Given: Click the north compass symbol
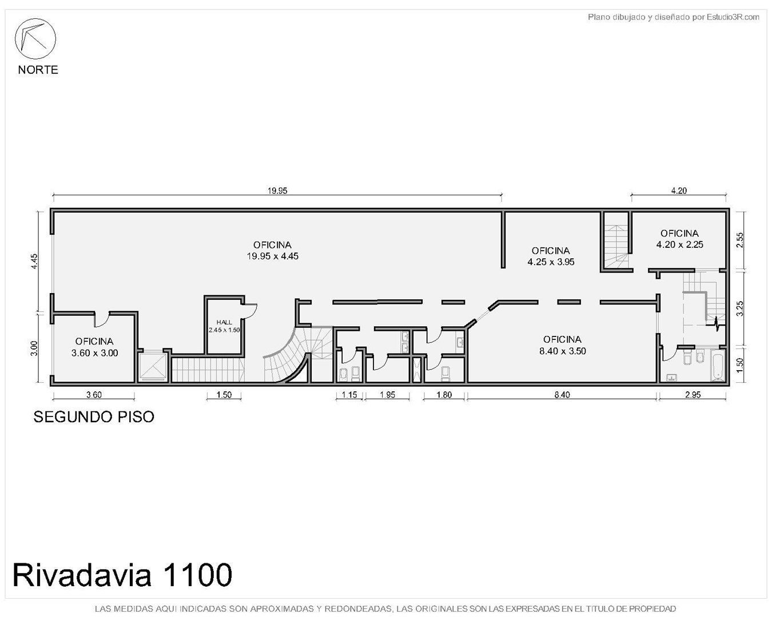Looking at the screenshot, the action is point(35,39).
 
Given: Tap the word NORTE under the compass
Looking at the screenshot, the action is point(38,70).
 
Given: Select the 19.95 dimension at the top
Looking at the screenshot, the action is point(277,191).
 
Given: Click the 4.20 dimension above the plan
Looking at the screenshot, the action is point(679,191).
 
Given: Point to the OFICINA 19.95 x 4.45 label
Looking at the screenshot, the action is point(272,250).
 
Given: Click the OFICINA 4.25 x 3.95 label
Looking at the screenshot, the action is point(551,256).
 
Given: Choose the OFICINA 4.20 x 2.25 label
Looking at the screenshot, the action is point(679,239).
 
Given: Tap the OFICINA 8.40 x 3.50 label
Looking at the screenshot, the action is point(562,345).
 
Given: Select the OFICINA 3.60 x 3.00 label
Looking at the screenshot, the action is point(94,347).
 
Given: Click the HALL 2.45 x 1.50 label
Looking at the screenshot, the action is point(224,326).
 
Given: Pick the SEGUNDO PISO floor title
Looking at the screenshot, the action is point(94,416).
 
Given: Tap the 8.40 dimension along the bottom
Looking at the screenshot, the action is point(562,395).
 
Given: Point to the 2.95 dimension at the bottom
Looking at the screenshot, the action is point(693,395).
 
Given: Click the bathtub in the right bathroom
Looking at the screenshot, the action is point(718,365).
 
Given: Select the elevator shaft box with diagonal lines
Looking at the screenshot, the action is point(153,367).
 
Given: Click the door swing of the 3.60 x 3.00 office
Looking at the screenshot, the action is point(102,320).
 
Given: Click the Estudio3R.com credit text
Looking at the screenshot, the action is point(673,17).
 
